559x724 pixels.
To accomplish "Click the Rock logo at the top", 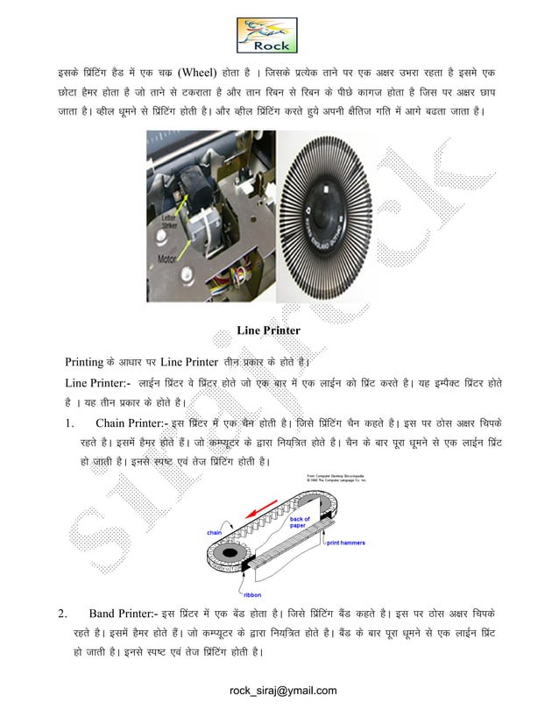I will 268,34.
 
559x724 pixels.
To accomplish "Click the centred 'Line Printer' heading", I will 269,330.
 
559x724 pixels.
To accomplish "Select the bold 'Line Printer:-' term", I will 98,384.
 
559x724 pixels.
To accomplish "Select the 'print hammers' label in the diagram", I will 347,543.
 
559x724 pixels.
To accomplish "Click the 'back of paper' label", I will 300,523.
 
